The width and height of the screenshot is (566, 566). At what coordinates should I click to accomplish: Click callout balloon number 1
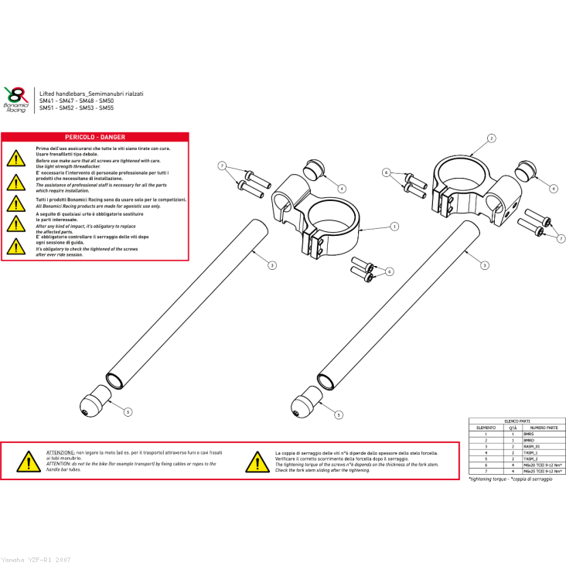tap(394, 227)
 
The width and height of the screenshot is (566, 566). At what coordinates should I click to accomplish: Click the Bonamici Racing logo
tap(15, 99)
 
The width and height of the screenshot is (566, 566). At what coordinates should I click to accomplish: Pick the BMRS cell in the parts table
tap(529, 435)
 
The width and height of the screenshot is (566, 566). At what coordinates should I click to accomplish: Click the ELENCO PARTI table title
tap(517, 421)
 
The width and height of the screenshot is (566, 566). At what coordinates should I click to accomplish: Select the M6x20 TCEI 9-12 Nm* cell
tap(543, 465)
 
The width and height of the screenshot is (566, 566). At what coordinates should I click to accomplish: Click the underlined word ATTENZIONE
tap(60, 452)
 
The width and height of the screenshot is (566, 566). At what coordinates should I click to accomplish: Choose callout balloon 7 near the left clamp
tap(222, 166)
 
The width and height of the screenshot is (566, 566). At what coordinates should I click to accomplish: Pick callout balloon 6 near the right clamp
tap(387, 172)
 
